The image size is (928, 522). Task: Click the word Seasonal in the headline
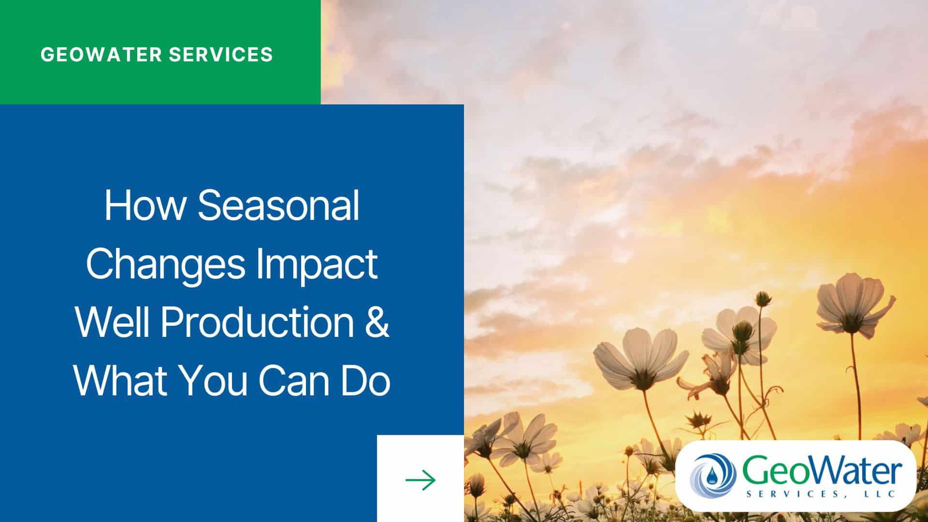click(278, 205)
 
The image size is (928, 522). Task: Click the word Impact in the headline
click(317, 265)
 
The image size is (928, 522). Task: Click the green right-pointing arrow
click(420, 480)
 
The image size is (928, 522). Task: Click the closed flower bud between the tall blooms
click(762, 298)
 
